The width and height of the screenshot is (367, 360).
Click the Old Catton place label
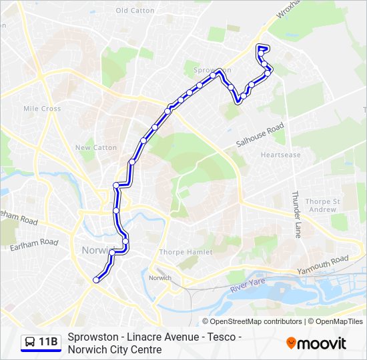(x=135, y=11)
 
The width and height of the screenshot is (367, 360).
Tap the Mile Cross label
(x=42, y=109)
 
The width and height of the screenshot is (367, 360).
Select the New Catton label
(x=96, y=148)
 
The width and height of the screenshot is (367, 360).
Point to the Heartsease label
(x=280, y=155)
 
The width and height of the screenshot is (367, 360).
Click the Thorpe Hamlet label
(x=186, y=252)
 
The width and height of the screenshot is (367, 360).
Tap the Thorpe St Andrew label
(x=322, y=205)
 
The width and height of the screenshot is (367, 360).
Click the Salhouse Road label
(x=260, y=136)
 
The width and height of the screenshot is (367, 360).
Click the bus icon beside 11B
(x=30, y=343)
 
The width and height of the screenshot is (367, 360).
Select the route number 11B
(x=49, y=343)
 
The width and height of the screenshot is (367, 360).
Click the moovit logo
(x=316, y=343)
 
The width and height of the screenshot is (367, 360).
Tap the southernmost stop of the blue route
(x=96, y=280)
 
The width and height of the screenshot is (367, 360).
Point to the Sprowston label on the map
(x=212, y=70)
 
